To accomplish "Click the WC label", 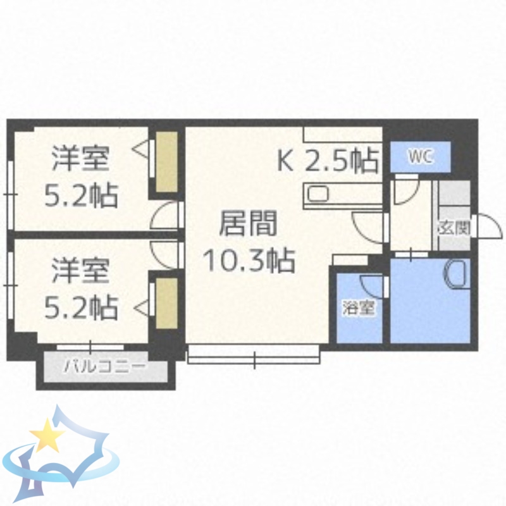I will click(x=419, y=156).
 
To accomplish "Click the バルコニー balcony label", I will click(x=105, y=366).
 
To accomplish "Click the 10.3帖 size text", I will click(x=248, y=259).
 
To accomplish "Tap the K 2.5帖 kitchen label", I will click(x=329, y=162).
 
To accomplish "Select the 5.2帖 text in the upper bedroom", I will click(x=81, y=195).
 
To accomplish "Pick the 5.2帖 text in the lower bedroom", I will click(x=81, y=307).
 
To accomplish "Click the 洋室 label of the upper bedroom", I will click(x=81, y=158).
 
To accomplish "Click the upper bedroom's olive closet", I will click(x=167, y=162).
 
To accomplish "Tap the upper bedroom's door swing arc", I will click(x=166, y=216).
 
